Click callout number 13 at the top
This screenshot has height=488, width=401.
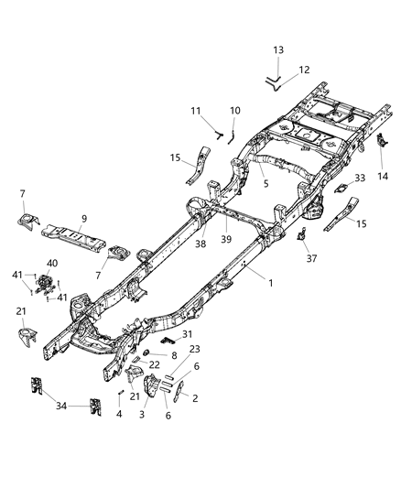click(x=278, y=49)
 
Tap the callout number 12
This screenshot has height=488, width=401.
click(x=305, y=69)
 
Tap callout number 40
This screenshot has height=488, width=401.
click(x=51, y=263)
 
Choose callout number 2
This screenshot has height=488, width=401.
click(x=192, y=397)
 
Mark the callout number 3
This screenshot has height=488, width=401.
click(x=142, y=415)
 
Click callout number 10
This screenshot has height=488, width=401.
click(x=234, y=111)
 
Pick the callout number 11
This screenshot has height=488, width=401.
click(x=194, y=111)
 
